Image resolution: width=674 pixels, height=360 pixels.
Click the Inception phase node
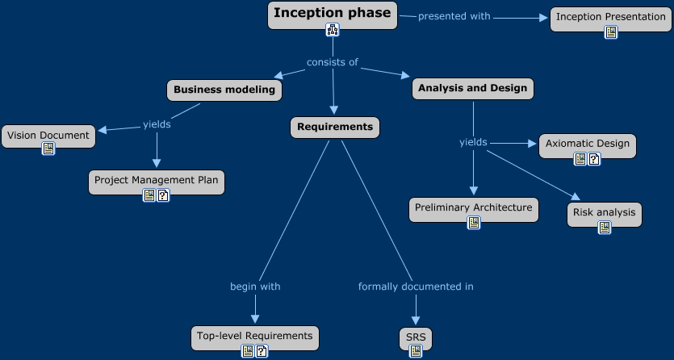(x=332, y=13)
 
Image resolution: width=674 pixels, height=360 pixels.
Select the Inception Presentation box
(x=610, y=16)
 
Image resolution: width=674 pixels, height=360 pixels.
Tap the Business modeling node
(x=224, y=90)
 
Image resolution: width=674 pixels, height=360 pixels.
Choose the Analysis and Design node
(x=472, y=88)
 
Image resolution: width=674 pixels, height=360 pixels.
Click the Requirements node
(x=334, y=127)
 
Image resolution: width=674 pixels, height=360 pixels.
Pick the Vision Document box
(x=48, y=136)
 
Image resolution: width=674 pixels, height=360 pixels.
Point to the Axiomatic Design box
(x=587, y=144)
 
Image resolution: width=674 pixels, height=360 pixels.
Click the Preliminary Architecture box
(x=473, y=207)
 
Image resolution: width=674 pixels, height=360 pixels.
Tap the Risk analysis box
(x=604, y=212)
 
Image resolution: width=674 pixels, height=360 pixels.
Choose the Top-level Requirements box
(x=254, y=336)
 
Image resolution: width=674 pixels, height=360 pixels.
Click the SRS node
(x=416, y=337)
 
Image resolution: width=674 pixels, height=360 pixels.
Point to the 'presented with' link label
(x=454, y=16)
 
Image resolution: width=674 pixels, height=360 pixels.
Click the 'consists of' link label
(x=332, y=62)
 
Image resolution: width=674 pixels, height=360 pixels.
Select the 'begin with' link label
(x=255, y=287)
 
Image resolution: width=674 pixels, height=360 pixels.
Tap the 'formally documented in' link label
(x=416, y=287)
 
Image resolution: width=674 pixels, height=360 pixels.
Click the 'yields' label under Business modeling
(x=157, y=124)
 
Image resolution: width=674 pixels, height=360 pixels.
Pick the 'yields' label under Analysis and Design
(x=473, y=142)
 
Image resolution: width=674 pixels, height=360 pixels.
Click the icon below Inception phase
(x=333, y=30)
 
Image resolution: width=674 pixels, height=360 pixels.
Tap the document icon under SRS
(x=416, y=351)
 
